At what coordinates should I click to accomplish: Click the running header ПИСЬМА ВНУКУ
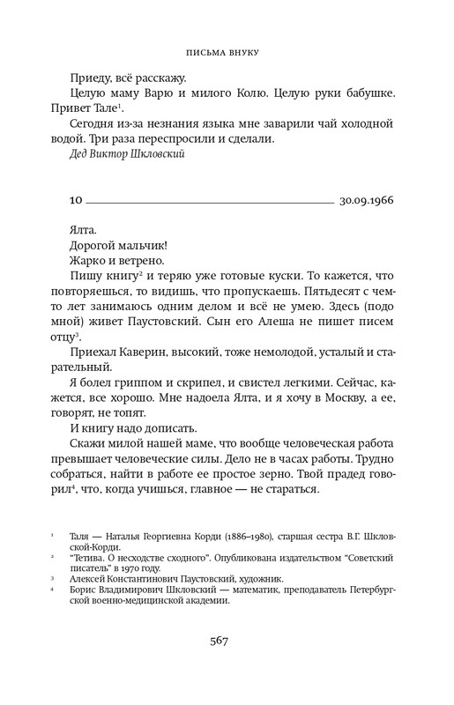(x=227, y=52)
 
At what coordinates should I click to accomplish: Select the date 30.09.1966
(x=365, y=200)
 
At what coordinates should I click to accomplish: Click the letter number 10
(x=76, y=200)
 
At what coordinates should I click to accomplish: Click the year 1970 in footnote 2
(x=169, y=570)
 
